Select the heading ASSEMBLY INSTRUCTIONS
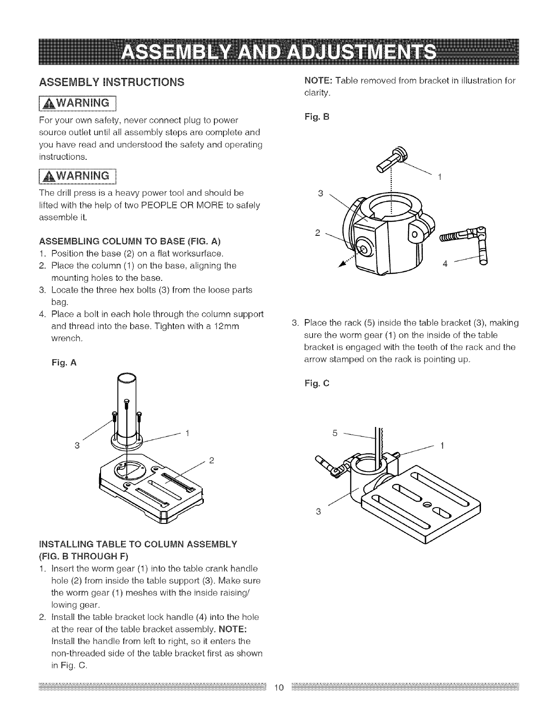[111, 82]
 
